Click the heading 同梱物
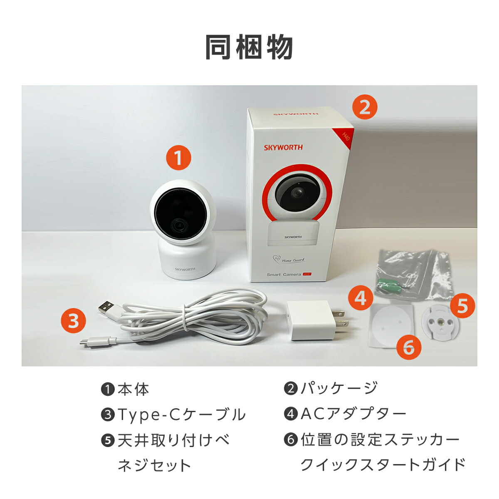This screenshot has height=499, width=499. pos(249,47)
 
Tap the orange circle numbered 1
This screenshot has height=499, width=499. pos(178,158)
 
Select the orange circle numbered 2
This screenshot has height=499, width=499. pos(365,107)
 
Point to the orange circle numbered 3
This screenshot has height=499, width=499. pos(74,321)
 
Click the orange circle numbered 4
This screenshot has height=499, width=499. pos(361,297)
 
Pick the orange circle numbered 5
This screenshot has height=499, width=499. pos(462,306)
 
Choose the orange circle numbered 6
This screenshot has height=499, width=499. pos(409,346)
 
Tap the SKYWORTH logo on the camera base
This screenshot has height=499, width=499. pos(185,269)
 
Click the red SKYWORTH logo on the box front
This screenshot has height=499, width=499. pos(283,147)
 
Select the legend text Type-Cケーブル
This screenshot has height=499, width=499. pos(181,414)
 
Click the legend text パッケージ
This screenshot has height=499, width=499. pos(339,388)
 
